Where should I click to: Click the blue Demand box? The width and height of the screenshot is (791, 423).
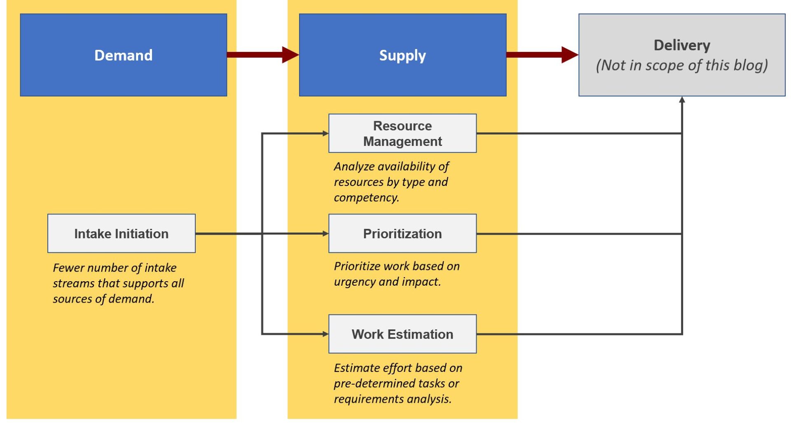(123, 55)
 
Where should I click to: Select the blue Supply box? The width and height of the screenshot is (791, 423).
(403, 55)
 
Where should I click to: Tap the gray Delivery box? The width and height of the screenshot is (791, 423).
(682, 55)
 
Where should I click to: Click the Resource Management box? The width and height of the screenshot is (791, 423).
(403, 133)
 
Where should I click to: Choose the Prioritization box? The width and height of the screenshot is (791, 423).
(403, 233)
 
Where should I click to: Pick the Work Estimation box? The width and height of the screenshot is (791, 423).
(403, 334)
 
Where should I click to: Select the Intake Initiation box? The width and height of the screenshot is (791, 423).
(122, 233)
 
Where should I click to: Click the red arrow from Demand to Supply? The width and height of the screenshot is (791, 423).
(262, 55)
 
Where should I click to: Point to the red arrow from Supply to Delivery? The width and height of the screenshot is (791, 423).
(542, 55)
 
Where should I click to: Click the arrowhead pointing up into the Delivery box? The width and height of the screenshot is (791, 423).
(682, 100)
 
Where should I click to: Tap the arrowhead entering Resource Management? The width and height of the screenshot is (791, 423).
(325, 133)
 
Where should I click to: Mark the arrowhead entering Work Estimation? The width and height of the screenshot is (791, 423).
(325, 334)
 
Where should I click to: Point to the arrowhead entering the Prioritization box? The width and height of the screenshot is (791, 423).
(325, 233)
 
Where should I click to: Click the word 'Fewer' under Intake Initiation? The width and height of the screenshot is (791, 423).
(69, 268)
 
